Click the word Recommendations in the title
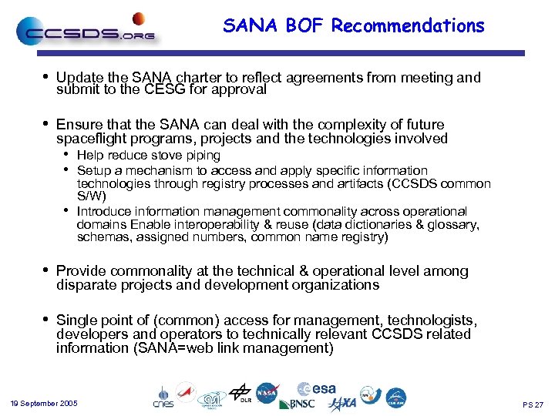(x=408, y=25)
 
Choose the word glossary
(x=454, y=224)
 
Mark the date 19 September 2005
(x=45, y=404)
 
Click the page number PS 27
(x=533, y=404)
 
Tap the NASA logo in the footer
(x=267, y=393)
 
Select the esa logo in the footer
(x=318, y=389)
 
